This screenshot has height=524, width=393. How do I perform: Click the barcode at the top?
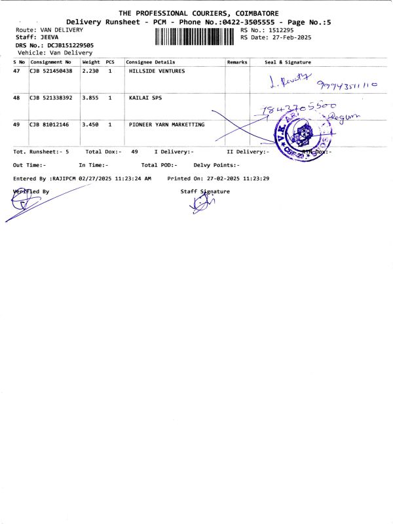195,37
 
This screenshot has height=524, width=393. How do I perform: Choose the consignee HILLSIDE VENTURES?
157,71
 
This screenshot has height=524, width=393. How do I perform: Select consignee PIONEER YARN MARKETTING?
166,124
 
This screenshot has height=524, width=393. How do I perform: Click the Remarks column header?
236,62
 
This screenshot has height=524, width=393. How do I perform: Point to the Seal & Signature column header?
288,62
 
